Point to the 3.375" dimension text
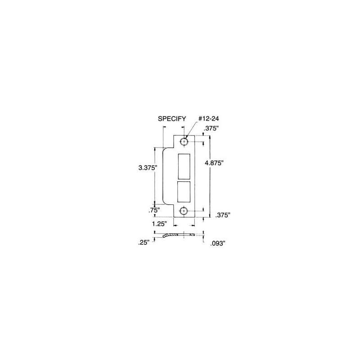[x=147, y=167]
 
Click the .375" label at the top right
[x=211, y=128]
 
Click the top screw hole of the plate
[x=184, y=141]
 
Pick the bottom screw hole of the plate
[x=184, y=211]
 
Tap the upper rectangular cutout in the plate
[x=184, y=166]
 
